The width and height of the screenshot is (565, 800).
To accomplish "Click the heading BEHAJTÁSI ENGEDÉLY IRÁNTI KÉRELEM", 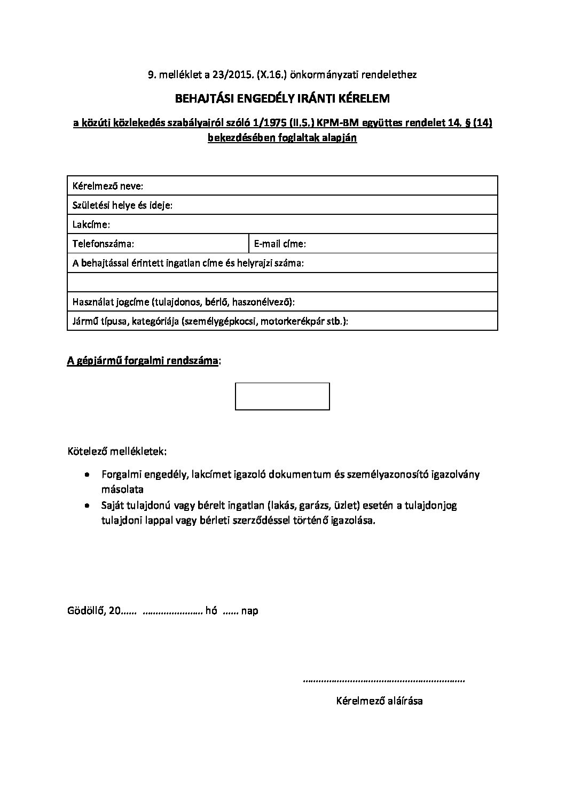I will (282, 99).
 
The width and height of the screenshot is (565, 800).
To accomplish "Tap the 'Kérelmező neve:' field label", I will (108, 186).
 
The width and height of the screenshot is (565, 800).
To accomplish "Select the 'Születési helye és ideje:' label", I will (122, 205).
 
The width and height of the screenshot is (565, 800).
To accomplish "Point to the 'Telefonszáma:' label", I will (103, 244).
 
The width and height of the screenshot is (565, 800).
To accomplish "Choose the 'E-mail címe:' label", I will (280, 244).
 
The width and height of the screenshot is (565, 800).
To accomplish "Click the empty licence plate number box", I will (282, 397).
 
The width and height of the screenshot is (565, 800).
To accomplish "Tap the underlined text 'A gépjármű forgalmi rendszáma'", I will (143, 361).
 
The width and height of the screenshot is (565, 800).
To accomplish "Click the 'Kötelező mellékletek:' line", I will (117, 452).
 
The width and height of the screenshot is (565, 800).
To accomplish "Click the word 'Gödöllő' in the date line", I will (86, 610).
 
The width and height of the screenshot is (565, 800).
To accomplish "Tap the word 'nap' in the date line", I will (249, 611).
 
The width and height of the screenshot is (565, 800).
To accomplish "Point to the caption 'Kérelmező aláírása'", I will (379, 701).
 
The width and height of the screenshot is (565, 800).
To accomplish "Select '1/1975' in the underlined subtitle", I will (288, 123).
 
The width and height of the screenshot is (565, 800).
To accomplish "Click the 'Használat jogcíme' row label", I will (109, 302).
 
